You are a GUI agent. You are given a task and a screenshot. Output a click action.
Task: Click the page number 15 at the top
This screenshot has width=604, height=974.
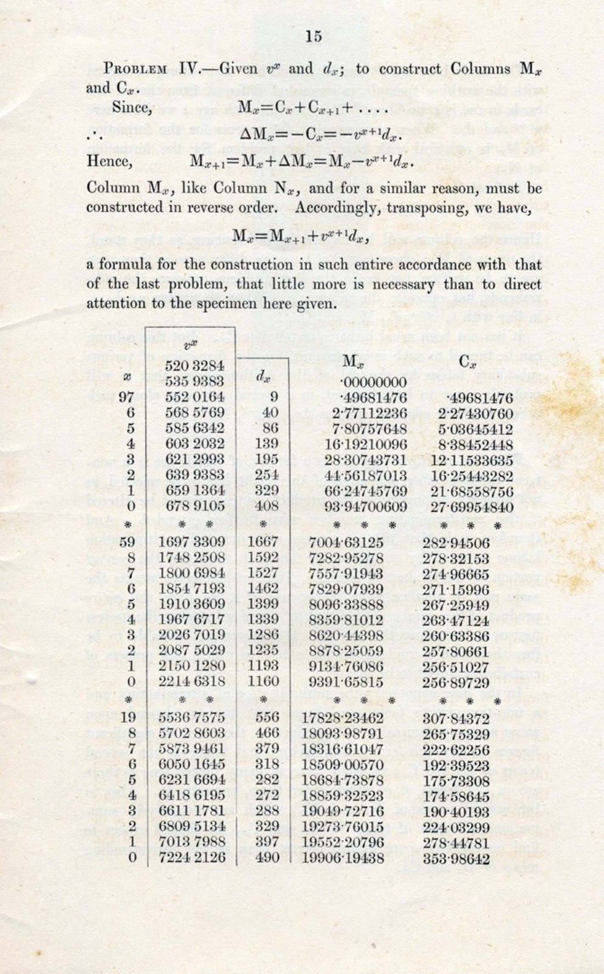tap(314, 36)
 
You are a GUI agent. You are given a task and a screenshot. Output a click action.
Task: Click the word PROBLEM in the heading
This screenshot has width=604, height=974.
tap(135, 69)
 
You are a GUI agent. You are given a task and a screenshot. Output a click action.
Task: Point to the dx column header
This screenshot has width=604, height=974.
tap(263, 376)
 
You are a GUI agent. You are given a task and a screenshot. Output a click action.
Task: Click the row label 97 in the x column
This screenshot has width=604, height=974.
tap(126, 397)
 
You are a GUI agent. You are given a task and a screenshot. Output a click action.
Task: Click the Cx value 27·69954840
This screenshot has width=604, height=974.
tap(467, 506)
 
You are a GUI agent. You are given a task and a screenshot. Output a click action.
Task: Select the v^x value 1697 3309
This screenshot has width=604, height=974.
tap(191, 541)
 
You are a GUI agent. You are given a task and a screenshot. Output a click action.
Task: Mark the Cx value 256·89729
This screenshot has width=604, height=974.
tap(456, 682)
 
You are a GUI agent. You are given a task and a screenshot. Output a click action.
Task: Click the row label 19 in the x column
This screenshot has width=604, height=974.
tap(128, 717)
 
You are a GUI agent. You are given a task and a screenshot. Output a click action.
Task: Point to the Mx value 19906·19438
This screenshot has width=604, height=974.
tap(343, 858)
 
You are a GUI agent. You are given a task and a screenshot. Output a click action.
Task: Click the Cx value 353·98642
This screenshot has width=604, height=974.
tap(456, 858)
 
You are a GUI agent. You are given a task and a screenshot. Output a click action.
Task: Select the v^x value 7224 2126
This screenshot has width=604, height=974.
tap(191, 857)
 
